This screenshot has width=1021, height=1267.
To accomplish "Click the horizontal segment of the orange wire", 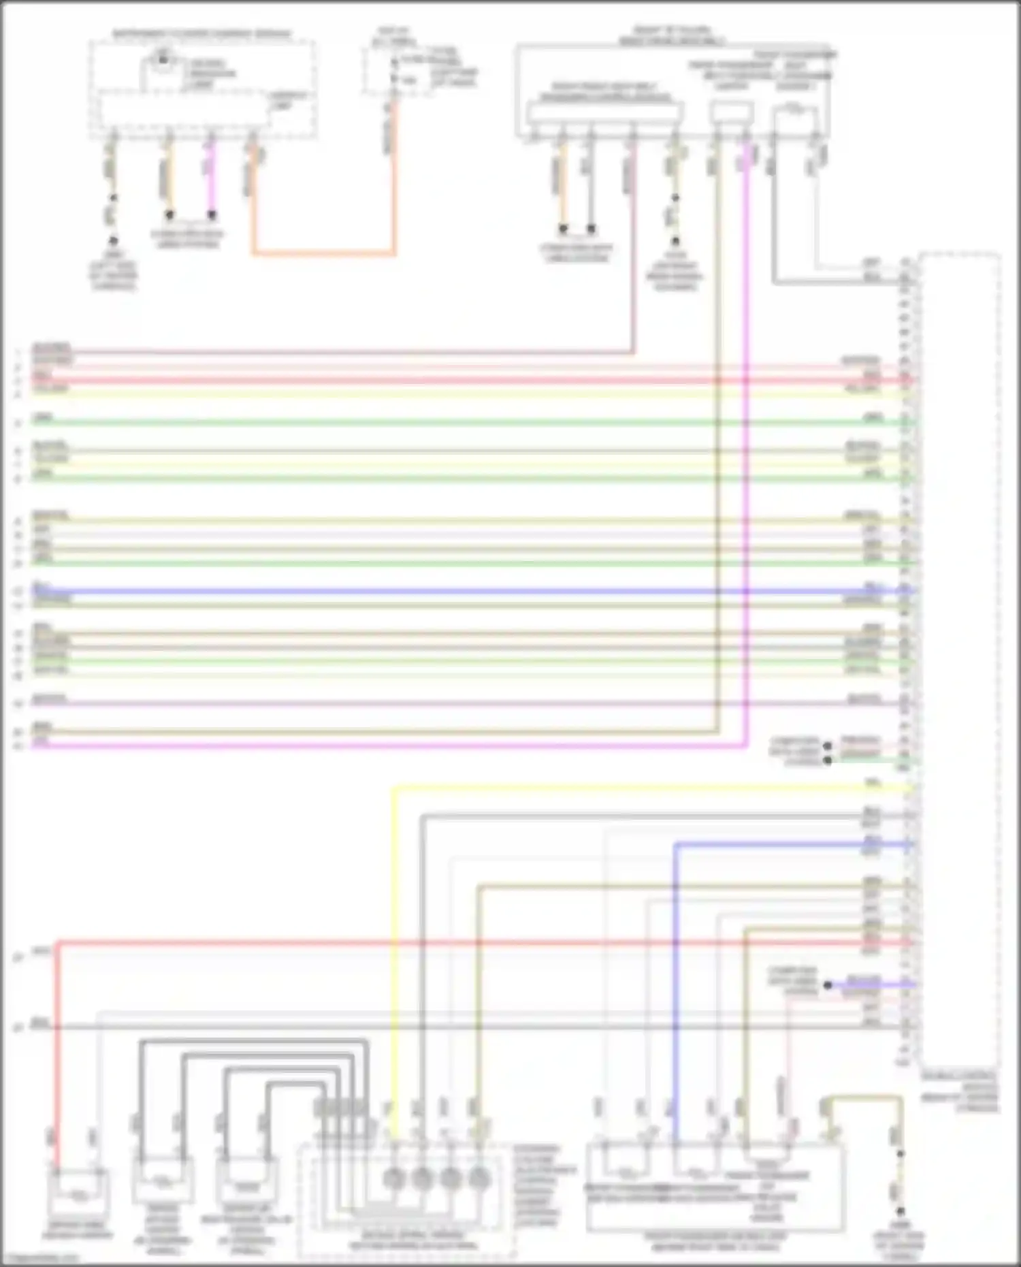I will point(323,255).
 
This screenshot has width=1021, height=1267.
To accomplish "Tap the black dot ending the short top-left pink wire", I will point(212,215).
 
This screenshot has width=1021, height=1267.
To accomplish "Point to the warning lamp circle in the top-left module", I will point(163,60).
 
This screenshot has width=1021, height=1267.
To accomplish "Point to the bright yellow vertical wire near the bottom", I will point(393,953).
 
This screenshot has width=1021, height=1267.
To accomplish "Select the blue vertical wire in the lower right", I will point(675,987).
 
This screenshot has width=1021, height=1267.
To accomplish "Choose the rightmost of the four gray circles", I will point(480,1177).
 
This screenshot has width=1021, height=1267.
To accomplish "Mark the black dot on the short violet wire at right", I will point(828,984).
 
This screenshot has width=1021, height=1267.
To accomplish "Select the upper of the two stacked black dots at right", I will point(828,745).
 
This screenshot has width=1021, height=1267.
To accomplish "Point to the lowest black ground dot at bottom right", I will point(900,1212).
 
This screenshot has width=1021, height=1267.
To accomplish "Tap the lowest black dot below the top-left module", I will point(113,241).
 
